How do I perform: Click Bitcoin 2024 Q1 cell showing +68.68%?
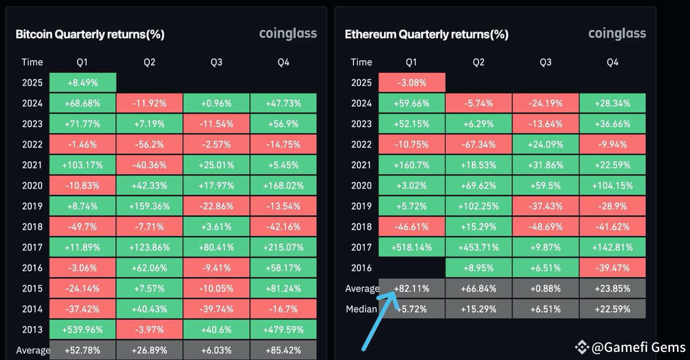coord(82,103)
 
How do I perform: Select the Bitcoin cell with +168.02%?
coord(284,185)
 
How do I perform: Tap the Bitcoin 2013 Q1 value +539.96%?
coord(82,329)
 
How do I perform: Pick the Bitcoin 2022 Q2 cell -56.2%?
coord(149,144)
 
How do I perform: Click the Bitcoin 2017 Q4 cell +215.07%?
coord(284,247)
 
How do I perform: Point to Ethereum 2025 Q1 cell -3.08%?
coord(412,82)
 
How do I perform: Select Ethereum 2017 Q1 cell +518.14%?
coord(412,247)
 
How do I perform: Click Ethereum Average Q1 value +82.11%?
coord(412,288)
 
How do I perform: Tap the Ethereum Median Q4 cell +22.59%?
coord(612,309)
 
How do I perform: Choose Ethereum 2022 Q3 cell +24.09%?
coord(546,144)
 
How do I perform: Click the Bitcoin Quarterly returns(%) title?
coord(90,34)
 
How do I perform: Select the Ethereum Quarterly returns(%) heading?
coord(426,34)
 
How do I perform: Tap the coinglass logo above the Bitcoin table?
coord(288,33)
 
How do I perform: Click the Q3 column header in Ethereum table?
coord(546,62)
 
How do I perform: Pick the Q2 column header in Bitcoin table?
coord(149,62)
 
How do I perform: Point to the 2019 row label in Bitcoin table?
coord(32,206)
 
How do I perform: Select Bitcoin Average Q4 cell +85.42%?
coord(284,350)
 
